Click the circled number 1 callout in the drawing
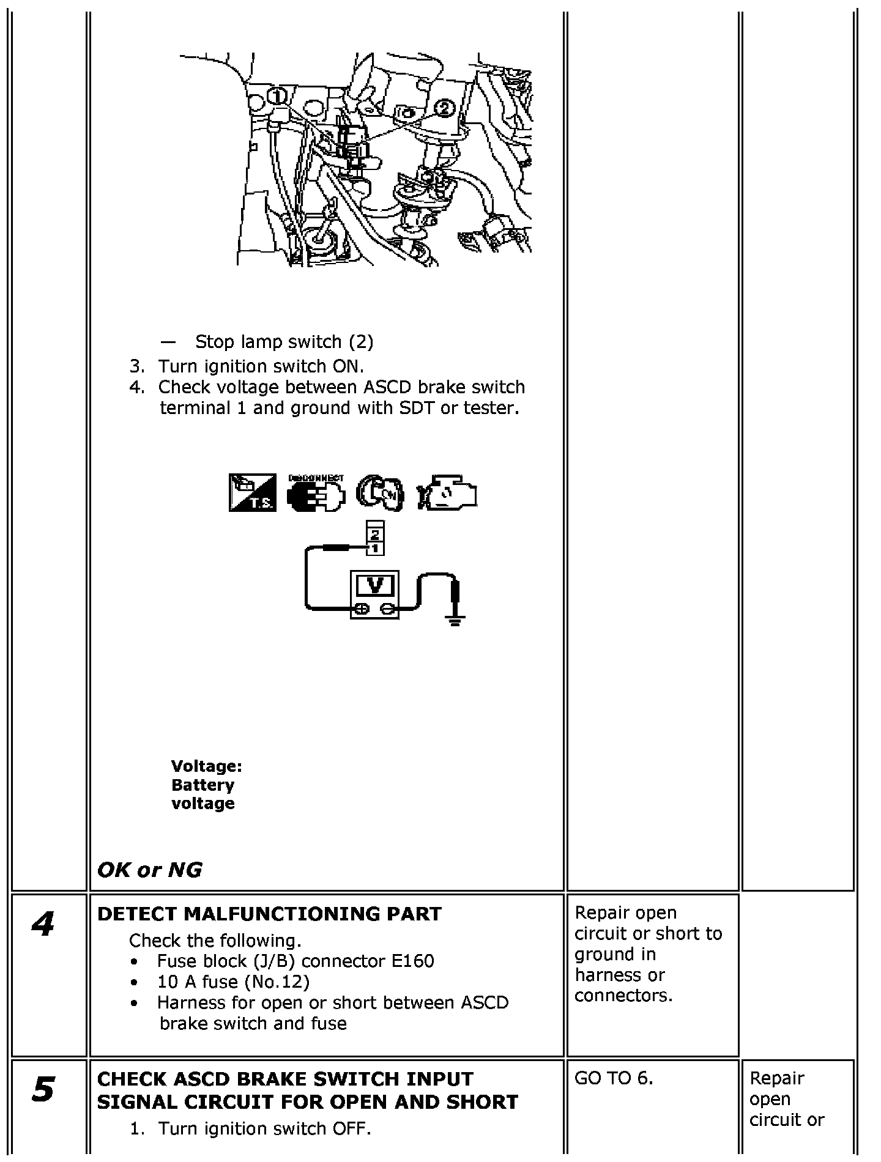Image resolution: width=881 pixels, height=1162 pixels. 278,96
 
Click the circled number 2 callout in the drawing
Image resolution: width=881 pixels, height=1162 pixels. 444,108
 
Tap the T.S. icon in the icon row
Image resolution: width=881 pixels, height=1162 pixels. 253,492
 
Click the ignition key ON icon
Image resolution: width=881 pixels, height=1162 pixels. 379,493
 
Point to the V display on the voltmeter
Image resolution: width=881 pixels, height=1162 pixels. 375,585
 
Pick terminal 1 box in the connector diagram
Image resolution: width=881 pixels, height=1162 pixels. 374,549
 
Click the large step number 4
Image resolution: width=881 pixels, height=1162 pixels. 43,924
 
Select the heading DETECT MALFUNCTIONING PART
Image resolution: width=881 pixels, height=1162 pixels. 269,914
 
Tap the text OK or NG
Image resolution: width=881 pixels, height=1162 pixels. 149,870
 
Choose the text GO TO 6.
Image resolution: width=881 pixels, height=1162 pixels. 614,1078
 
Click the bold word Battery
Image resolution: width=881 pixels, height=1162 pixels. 203,785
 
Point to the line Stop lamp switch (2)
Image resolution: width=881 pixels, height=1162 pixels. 284,341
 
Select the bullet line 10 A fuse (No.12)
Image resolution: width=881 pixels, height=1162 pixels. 233,982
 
